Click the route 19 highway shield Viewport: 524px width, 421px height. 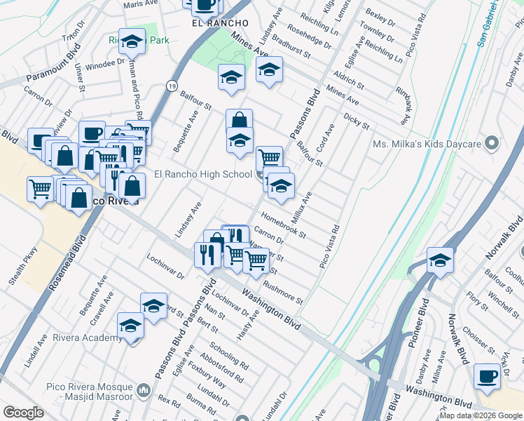tap(171, 85)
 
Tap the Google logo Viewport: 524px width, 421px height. tap(23, 413)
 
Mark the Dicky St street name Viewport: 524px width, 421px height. tap(356, 121)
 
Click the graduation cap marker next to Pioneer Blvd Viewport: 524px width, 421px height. tap(440, 261)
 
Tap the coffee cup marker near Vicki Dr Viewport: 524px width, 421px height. tap(487, 376)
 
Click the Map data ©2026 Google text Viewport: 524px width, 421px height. tap(481, 415)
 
